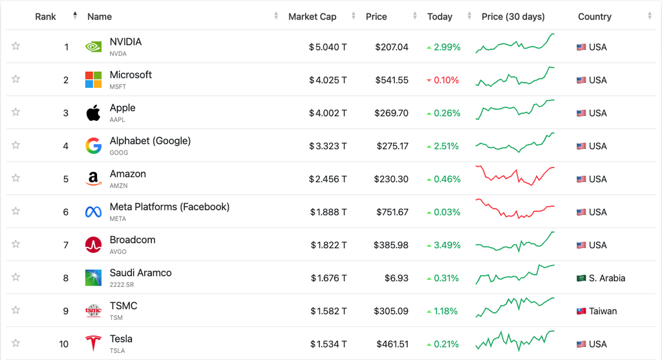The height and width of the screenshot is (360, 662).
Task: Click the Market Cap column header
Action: pos(312,17)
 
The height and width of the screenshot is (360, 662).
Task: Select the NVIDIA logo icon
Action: pos(93,47)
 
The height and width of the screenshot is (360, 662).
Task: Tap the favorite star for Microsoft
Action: pos(16,79)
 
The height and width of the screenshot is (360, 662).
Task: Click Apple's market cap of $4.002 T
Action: pos(328,113)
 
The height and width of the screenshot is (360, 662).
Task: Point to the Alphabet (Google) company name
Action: pos(150,141)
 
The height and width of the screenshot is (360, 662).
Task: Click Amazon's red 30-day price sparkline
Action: pos(515,176)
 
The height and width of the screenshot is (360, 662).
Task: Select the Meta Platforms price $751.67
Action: pos(390,212)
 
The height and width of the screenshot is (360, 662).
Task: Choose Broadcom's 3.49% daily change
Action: pos(443,245)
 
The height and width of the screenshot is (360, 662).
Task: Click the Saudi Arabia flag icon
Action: pos(581,278)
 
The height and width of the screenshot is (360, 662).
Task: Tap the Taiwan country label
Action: pos(603,311)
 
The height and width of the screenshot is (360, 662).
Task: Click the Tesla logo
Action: pos(93,343)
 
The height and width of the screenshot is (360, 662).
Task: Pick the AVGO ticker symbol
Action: pos(118,252)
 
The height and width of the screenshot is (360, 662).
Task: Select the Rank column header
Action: pos(46,17)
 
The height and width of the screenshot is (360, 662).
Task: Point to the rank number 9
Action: pos(65,311)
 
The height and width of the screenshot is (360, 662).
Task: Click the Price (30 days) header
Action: pos(513,17)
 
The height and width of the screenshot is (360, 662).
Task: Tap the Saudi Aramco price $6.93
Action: pos(396,278)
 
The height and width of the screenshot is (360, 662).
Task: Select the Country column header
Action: pos(595,17)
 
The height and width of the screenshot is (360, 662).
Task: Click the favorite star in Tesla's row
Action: pos(16,343)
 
